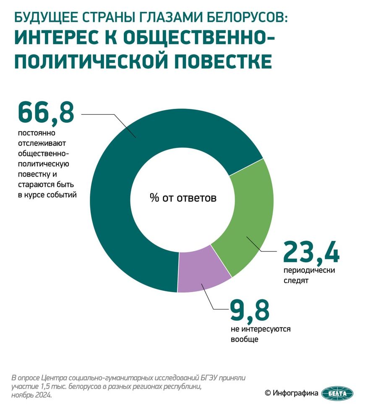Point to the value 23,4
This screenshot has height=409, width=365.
(311, 252)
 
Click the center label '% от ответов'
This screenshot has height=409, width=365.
(183, 198)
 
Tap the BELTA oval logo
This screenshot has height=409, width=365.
(337, 393)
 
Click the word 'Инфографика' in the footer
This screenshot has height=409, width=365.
(295, 393)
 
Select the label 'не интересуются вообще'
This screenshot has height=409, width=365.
(260, 334)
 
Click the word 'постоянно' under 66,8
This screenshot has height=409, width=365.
(36, 133)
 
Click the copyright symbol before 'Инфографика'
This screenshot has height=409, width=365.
(267, 393)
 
